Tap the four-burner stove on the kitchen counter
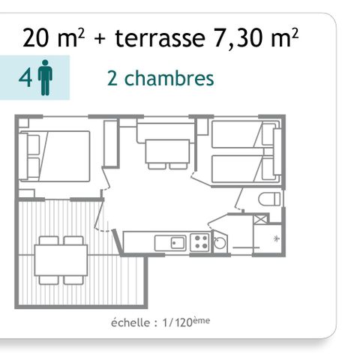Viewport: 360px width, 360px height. click(199, 241)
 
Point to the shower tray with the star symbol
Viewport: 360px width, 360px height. click(267, 238)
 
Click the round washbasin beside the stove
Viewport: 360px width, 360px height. click(219, 242)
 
